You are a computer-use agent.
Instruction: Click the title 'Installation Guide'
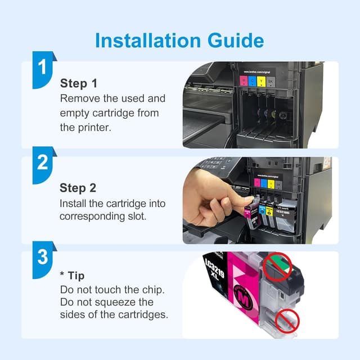tap(179, 40)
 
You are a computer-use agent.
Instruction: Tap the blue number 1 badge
tap(42, 68)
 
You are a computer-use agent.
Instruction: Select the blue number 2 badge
tap(42, 163)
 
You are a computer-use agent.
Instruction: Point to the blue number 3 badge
tap(42, 258)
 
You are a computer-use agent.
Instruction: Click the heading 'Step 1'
tap(79, 83)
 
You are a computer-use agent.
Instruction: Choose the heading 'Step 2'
tap(79, 188)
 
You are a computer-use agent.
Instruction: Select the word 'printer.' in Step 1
tap(95, 127)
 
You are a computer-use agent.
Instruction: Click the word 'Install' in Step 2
tap(74, 202)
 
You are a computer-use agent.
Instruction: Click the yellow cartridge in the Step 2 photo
tap(269, 212)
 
